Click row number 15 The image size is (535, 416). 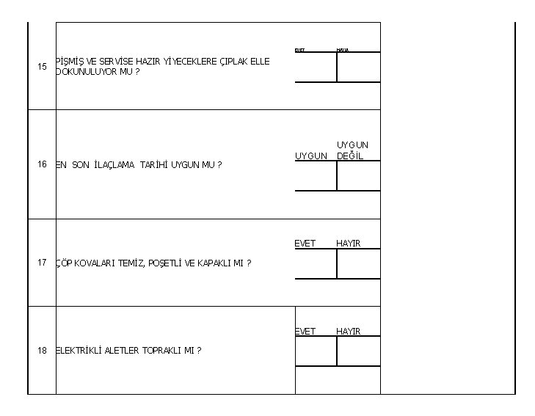[42, 67]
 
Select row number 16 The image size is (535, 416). [42, 164]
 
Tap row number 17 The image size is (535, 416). [42, 263]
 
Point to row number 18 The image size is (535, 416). [42, 350]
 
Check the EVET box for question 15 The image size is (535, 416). [316, 67]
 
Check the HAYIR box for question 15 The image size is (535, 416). [358, 67]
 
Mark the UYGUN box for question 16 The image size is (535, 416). [316, 175]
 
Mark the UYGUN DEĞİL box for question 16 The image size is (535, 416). [358, 175]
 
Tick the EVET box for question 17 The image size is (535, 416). [316, 263]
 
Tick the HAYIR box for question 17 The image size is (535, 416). [358, 263]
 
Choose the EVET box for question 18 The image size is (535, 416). [316, 351]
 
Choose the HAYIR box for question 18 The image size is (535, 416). [358, 351]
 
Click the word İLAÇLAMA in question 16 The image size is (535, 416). [114, 165]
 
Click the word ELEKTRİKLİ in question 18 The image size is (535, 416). [80, 351]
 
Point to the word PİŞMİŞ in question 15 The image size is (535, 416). [70, 62]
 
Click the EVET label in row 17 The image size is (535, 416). [305, 244]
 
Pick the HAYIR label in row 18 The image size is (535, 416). [349, 332]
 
